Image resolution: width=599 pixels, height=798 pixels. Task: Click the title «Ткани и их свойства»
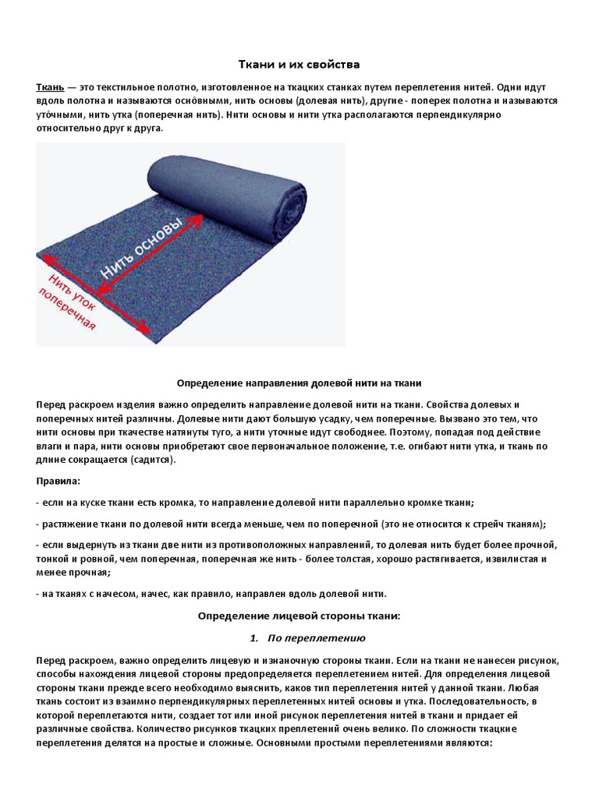point(299,64)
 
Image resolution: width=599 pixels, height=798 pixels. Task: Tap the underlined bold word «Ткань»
point(51,87)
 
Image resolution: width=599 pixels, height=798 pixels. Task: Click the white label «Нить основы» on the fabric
point(142,249)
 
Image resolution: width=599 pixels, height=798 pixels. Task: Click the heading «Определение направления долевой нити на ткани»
point(299,383)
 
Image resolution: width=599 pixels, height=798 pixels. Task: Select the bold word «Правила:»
point(58,482)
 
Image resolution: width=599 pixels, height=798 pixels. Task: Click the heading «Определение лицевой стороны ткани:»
point(299,616)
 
